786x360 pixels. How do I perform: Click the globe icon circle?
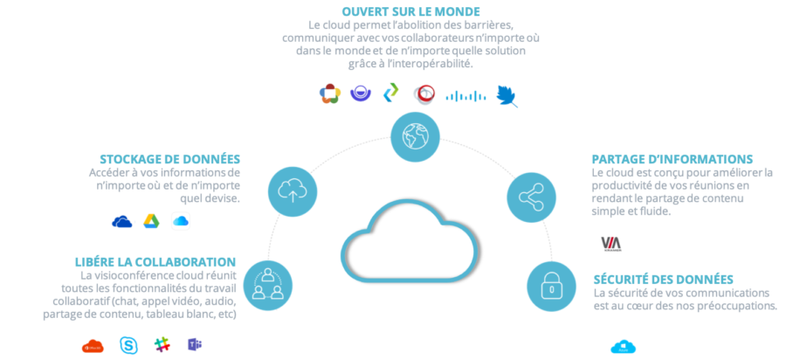(x=416, y=137)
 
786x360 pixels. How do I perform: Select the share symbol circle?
(x=532, y=196)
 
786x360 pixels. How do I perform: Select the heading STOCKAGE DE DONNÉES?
(x=170, y=158)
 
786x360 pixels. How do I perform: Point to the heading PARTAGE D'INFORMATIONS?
(x=672, y=159)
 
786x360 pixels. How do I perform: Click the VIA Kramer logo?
(x=610, y=243)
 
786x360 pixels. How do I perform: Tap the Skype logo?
(x=128, y=344)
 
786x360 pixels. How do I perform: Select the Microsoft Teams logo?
(x=194, y=344)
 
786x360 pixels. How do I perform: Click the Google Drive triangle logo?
(x=151, y=221)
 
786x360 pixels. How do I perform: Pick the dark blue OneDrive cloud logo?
(x=123, y=221)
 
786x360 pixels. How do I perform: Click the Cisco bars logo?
(x=465, y=95)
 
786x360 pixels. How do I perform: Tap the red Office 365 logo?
(x=92, y=346)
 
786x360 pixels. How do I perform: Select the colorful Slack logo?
(x=162, y=344)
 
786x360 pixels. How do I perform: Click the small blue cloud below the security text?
(x=624, y=347)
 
